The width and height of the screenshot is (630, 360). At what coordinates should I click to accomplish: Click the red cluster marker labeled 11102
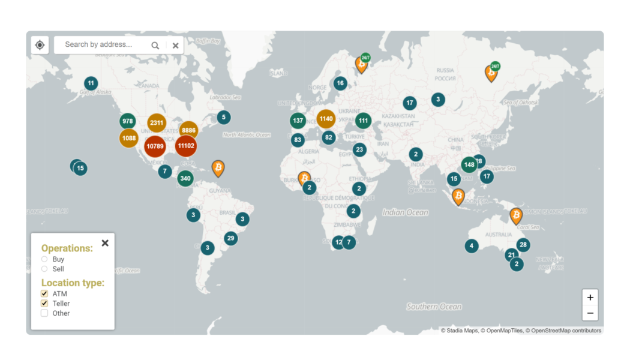point(186,146)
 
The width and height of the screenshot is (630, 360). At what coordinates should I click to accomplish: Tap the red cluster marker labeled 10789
point(155,146)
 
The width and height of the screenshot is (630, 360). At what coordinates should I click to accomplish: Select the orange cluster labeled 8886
point(188,130)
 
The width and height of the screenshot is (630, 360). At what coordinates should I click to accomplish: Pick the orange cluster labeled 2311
point(157,123)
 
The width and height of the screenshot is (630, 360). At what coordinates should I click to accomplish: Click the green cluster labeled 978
point(127,121)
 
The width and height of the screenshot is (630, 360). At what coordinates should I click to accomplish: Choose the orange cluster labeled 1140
point(326,119)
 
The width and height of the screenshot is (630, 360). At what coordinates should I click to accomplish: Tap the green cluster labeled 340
point(185,178)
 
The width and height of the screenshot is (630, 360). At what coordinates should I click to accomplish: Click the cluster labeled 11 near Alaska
point(91,83)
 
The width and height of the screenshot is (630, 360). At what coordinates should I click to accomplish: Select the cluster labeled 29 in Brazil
point(230,238)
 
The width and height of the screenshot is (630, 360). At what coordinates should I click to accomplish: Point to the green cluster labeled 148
point(469,164)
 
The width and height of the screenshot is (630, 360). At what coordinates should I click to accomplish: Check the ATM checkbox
point(44,294)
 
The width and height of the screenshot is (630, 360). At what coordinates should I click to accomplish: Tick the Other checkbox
point(44,313)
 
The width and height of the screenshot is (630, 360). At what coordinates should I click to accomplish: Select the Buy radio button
point(44,259)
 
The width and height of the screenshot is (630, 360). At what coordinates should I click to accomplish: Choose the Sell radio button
point(44,269)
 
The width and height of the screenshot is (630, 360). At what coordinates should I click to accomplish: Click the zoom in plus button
point(590,298)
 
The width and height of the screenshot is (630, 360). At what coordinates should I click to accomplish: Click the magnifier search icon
point(155,45)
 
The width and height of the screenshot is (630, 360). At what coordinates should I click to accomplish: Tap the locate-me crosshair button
point(40,45)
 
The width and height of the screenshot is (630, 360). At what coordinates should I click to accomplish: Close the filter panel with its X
point(105,243)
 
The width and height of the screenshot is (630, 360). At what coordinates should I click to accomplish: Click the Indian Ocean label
point(406,212)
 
